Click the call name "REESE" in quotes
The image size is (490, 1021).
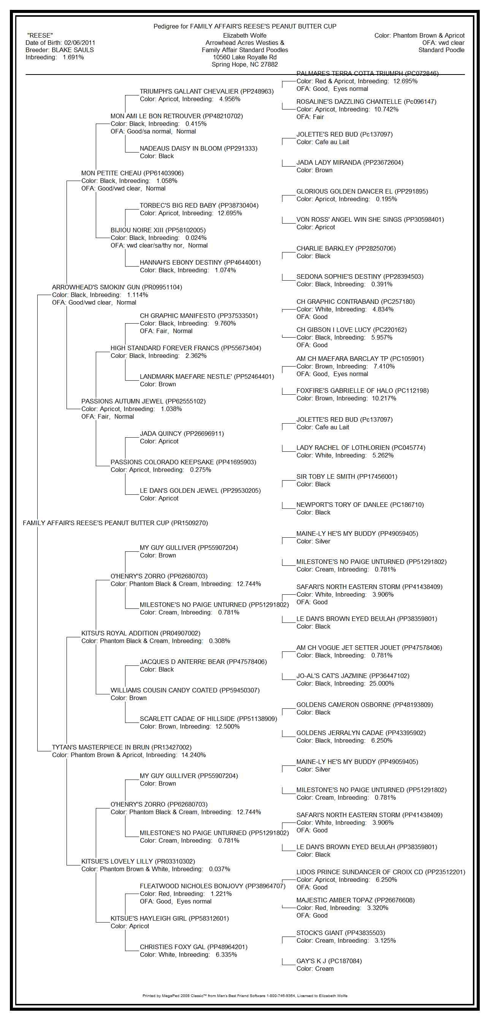pyautogui.click(x=40, y=36)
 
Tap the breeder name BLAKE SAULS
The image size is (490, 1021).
pyautogui.click(x=73, y=50)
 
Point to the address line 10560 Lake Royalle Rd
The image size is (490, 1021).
pyautogui.click(x=245, y=57)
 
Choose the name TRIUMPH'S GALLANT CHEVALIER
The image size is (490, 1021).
pyautogui.click(x=189, y=92)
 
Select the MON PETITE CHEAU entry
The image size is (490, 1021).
pyautogui.click(x=111, y=173)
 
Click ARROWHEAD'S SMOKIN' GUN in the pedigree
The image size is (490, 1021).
pyautogui.click(x=96, y=287)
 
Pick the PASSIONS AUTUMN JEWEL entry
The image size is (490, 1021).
pyautogui.click(x=122, y=402)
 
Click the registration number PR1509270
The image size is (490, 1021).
pyautogui.click(x=189, y=523)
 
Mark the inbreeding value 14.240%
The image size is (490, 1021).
pyautogui.click(x=194, y=755)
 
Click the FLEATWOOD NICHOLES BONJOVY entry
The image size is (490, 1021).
pyautogui.click(x=192, y=886)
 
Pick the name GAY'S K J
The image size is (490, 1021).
pyautogui.click(x=311, y=961)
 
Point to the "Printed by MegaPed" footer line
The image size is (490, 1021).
pyautogui.click(x=245, y=996)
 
